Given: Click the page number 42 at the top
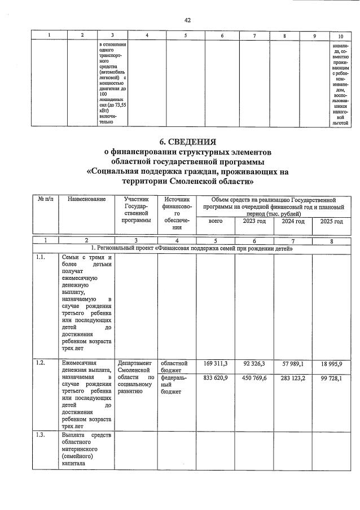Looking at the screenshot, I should click(187, 20).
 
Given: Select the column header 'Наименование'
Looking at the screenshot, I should click(86, 200).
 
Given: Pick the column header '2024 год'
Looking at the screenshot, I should click(292, 222).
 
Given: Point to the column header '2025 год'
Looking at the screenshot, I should click(331, 222).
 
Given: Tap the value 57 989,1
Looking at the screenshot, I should click(292, 363).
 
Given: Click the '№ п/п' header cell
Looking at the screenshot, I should click(45, 200).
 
